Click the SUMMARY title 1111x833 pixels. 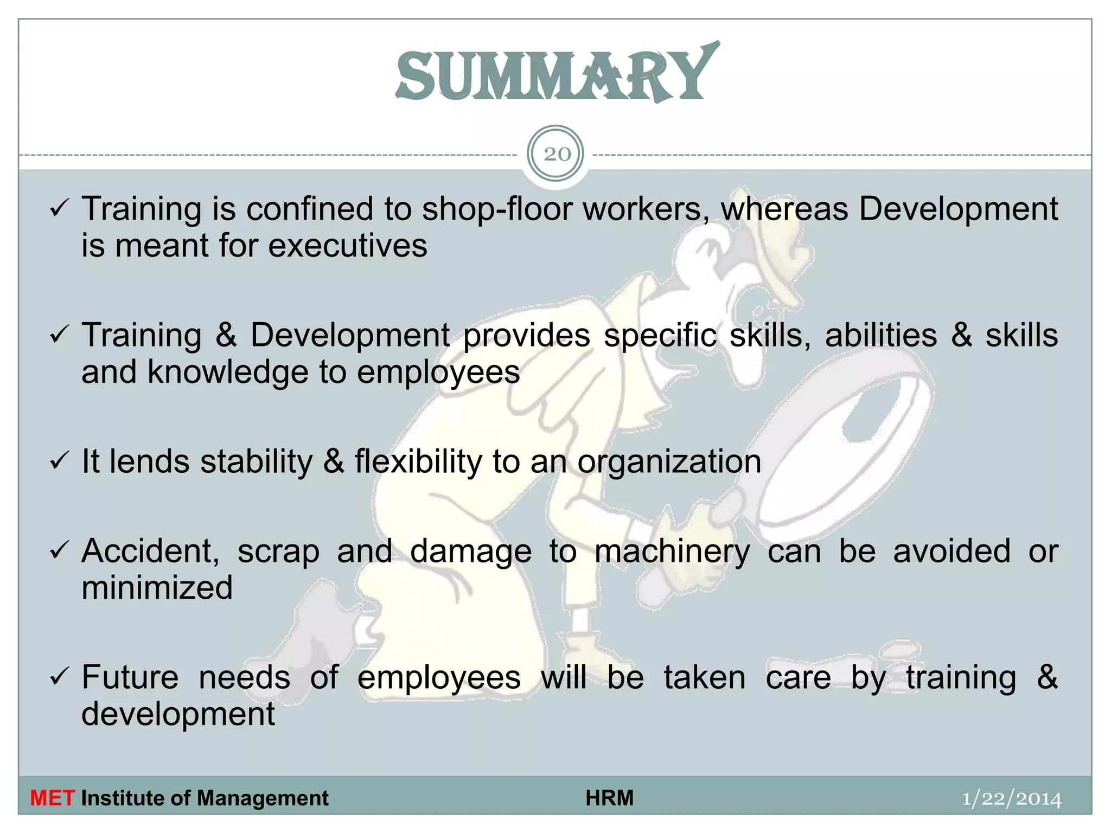tap(557, 74)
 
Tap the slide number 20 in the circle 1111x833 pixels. tap(557, 155)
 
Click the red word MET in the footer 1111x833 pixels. tap(52, 798)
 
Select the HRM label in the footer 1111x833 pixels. tap(609, 798)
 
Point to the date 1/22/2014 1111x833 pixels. tap(1011, 799)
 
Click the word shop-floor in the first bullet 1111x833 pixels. tap(497, 209)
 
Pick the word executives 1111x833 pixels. tap(347, 246)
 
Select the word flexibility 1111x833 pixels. tap(418, 462)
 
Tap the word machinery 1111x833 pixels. tap(672, 553)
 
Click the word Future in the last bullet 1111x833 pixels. tap(130, 677)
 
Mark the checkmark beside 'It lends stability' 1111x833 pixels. tap(59, 462)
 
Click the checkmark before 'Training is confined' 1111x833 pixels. tap(59, 209)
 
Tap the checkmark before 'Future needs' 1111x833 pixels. tap(59, 677)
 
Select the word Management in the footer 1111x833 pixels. tap(263, 798)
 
